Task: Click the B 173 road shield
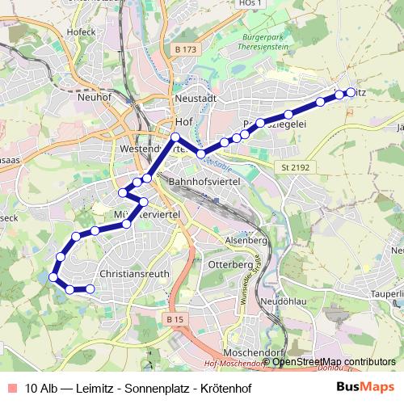pos(183,50)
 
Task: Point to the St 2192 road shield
pos(296,167)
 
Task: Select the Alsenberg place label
pos(246,241)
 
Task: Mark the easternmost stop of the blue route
pos(351,92)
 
